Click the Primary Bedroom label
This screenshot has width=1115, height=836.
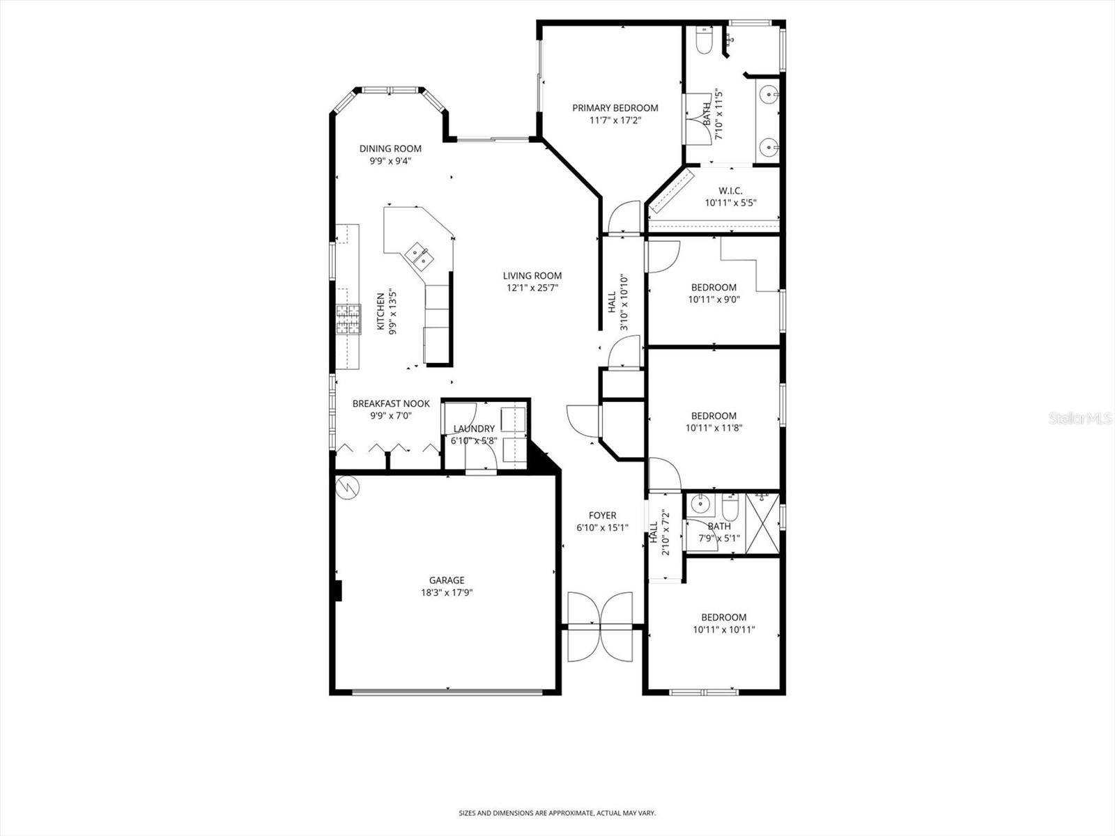click(x=615, y=108)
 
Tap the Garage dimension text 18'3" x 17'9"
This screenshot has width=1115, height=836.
click(x=447, y=593)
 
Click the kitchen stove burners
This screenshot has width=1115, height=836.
click(x=348, y=320)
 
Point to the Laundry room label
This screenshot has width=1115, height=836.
click(x=474, y=428)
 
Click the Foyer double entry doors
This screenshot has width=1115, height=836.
click(x=600, y=626)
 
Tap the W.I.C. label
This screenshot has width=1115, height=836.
click(x=730, y=191)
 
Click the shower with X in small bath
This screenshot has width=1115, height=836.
click(x=762, y=522)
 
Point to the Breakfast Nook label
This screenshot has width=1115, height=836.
click(x=391, y=403)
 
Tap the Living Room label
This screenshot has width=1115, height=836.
click(x=532, y=275)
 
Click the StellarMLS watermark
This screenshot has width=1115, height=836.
click(x=1080, y=418)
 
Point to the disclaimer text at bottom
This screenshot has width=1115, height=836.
click(x=557, y=813)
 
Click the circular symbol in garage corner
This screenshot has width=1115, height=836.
click(x=346, y=486)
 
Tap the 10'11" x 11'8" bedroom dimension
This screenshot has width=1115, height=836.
click(x=714, y=428)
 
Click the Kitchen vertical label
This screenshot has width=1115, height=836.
click(x=380, y=311)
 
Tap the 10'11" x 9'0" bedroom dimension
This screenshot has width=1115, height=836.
click(x=714, y=300)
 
